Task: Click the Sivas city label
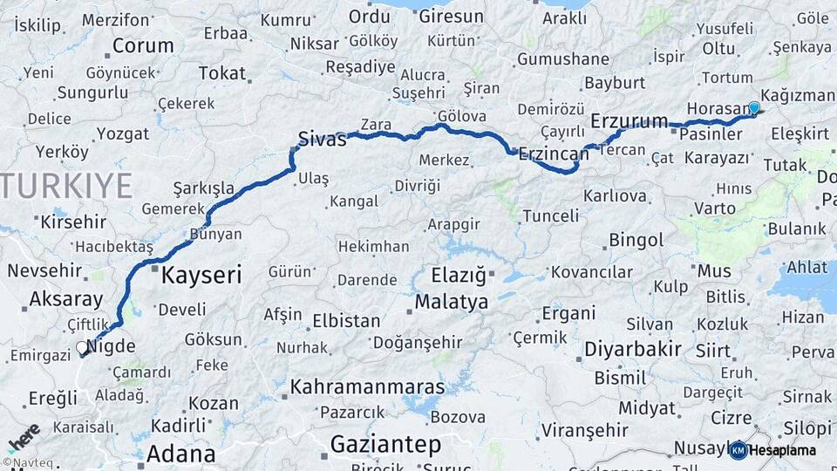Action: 322,138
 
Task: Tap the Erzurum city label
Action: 629,120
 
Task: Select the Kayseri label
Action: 201,276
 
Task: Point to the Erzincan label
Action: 554,154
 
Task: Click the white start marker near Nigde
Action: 82,347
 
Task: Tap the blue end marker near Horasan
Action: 754,107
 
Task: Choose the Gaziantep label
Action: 385,444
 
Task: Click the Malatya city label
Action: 451,303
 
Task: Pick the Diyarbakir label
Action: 632,349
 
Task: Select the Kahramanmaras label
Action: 367,386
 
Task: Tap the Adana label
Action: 180,454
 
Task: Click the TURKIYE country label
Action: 68,186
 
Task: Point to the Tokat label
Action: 222,73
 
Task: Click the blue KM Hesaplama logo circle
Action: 738,450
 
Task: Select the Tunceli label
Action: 550,215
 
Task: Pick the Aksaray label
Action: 65,299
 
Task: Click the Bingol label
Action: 636,240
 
